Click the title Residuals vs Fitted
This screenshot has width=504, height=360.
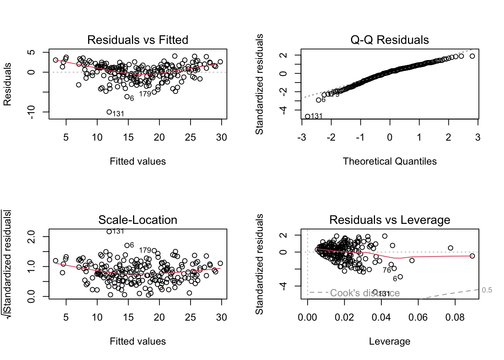click(x=138, y=40)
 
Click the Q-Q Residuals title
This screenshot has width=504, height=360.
click(x=389, y=40)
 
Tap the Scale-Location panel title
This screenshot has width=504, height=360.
click(x=138, y=220)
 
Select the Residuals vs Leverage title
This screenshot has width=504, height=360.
click(x=389, y=220)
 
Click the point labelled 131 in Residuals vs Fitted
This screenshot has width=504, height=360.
click(x=109, y=112)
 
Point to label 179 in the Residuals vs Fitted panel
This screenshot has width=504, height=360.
click(x=145, y=94)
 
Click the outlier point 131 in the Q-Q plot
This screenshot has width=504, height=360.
click(x=307, y=116)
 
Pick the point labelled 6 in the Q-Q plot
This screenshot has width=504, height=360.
click(x=318, y=100)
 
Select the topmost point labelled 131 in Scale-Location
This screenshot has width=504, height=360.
click(x=109, y=231)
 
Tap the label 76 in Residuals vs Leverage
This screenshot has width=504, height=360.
click(x=387, y=270)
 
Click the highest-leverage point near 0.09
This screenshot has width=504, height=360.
click(x=472, y=256)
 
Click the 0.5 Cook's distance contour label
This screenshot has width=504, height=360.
click(x=487, y=290)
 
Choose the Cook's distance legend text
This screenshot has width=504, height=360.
click(x=364, y=293)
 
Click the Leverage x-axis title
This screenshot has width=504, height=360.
click(x=389, y=341)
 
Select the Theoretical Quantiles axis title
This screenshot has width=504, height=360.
click(x=389, y=161)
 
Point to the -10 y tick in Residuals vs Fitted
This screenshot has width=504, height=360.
click(x=31, y=112)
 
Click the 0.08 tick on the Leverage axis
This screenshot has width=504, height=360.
click(x=455, y=317)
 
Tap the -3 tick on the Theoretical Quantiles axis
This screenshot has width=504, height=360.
click(x=301, y=137)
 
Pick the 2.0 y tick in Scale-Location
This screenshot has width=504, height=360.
click(x=31, y=237)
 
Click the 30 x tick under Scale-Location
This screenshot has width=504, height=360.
click(x=221, y=317)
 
